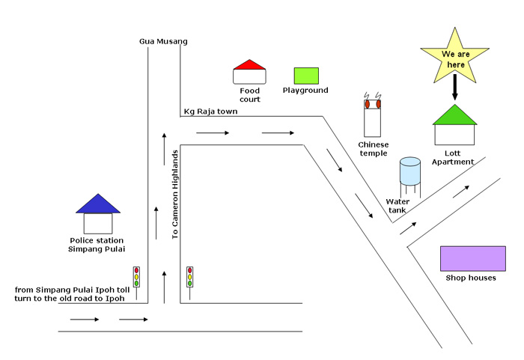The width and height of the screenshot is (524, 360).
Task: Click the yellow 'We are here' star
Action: pos(455,57)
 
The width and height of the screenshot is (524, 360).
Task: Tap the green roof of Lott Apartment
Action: pos(454,116)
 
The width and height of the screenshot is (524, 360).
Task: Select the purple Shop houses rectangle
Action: pos(473,259)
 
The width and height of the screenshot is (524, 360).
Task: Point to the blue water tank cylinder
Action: pos(410,171)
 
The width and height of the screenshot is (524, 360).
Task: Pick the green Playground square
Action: pos(306,76)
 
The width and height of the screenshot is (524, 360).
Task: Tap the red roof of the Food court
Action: pos(249,64)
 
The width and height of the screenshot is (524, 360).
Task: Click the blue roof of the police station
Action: pos(98,204)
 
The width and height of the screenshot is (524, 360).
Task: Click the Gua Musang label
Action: pos(163,41)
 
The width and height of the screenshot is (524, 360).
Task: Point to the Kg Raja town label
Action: pos(210,112)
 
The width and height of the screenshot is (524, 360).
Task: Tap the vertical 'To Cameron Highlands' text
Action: pos(175,195)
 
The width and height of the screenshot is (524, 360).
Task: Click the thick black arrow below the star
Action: pos(454,87)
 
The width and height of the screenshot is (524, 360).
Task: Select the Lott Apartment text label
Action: pos(453,157)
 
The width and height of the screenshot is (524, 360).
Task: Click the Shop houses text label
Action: pos(471,278)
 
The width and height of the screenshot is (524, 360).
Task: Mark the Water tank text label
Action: pos(397,206)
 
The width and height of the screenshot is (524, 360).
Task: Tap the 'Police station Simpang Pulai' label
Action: pos(97,245)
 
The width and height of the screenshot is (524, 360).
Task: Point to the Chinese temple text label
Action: pos(374,149)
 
